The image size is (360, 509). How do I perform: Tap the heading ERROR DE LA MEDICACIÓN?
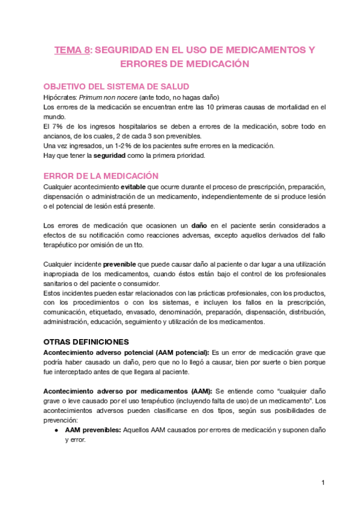[101, 176]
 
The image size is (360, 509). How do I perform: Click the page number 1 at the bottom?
[323, 482]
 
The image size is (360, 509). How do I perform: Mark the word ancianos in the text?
[59, 136]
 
